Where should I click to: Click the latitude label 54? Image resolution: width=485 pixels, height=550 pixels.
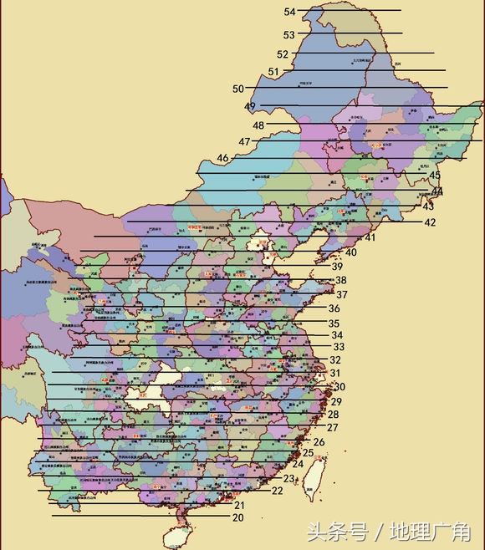tap(290, 12)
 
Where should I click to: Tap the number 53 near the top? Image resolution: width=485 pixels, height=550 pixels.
tap(289, 35)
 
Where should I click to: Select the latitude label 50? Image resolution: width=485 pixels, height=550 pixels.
tap(238, 89)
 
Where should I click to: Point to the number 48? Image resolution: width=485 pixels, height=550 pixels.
tap(258, 125)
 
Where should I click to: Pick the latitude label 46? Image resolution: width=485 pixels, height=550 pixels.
tap(222, 158)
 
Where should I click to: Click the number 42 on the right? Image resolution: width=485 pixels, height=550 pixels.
tap(430, 222)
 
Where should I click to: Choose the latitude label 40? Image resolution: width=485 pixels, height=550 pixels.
tap(351, 252)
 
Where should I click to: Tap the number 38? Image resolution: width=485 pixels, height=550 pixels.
tap(340, 280)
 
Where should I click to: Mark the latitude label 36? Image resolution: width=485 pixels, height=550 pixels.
tap(334, 308)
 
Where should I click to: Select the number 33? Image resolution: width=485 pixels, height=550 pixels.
tap(339, 347)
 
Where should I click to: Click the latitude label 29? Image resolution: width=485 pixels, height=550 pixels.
tap(336, 402)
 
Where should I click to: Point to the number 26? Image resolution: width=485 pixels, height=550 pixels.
tap(319, 441)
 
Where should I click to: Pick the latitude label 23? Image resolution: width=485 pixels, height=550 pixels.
tap(289, 479)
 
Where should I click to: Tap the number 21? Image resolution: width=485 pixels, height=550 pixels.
tap(239, 505)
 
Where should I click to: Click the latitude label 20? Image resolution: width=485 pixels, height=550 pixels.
tap(238, 517)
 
